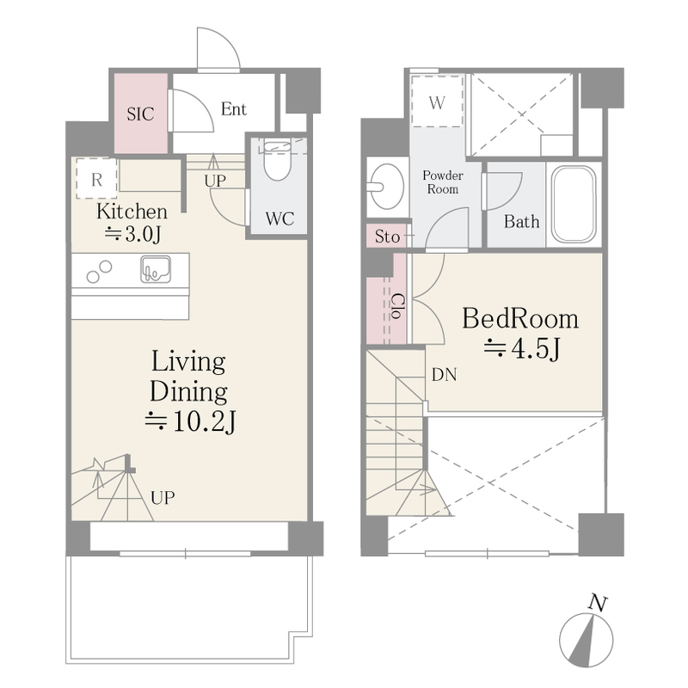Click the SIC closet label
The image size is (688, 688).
tap(140, 114)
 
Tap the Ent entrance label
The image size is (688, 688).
tap(233, 109)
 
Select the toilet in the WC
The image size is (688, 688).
tap(278, 159)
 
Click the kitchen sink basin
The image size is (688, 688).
tap(156, 269)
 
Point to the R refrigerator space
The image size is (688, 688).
tap(96, 179)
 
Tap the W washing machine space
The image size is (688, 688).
tap(437, 102)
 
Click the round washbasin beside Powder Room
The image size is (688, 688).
tap(386, 187)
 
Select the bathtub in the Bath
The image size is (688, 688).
tap(574, 205)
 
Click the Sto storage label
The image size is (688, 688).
tap(387, 237)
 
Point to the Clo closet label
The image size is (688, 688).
tap(398, 306)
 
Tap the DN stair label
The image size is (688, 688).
tap(444, 375)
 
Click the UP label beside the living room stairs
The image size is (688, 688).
tap(163, 498)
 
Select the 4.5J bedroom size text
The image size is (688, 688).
tap(521, 349)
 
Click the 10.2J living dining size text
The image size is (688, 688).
tap(190, 421)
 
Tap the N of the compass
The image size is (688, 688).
tap(598, 604)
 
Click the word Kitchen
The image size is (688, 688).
tap(132, 212)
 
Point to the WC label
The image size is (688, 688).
tap(279, 218)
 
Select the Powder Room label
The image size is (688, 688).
tap(443, 182)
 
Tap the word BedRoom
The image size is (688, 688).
tap(520, 318)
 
